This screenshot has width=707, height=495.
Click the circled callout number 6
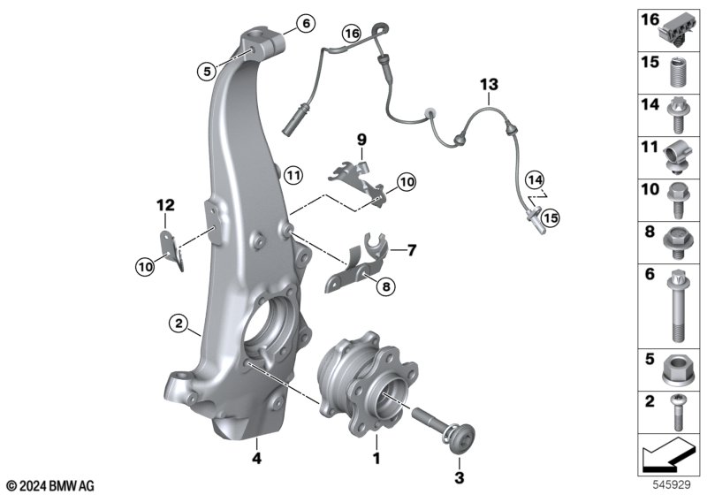306,23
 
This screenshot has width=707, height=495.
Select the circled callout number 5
207,72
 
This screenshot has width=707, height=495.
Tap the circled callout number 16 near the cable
352,34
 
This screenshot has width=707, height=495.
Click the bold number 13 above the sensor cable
490,84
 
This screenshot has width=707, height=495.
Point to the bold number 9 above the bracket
362,140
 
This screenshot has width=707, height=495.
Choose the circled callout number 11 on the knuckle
293,174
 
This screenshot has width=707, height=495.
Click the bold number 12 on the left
165,205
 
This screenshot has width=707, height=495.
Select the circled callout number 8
386,286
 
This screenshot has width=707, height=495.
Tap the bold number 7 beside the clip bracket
411,250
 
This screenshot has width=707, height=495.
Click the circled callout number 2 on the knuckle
179,324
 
